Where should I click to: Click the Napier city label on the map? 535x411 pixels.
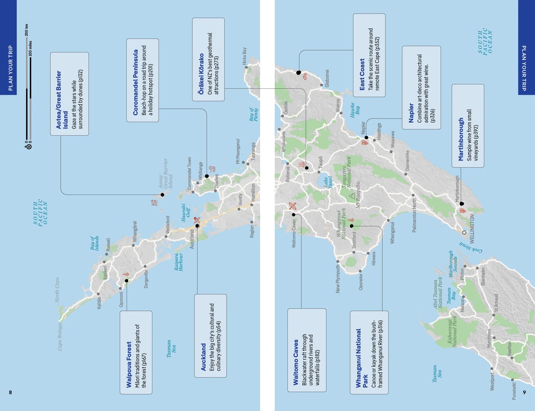(363, 128)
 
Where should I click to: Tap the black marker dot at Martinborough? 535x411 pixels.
(462, 204)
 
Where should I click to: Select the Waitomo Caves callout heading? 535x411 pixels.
(295, 362)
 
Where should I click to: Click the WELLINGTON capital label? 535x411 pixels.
(472, 228)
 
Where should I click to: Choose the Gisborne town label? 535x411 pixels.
(327, 78)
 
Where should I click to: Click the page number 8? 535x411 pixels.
(10, 392)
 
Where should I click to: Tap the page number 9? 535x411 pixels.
(524, 392)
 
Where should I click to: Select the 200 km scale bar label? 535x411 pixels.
(26, 30)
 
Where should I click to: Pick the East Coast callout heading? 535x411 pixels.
(362, 74)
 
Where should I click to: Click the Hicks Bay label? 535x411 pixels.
(244, 56)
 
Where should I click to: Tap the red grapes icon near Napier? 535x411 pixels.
(365, 143)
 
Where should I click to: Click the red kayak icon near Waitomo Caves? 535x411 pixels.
(292, 206)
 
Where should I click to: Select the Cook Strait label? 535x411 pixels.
(471, 248)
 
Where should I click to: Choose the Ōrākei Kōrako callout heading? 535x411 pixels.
(201, 74)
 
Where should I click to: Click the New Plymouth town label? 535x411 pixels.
(338, 279)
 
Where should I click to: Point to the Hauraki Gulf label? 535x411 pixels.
(185, 212)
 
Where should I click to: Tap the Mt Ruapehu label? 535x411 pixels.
(358, 195)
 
